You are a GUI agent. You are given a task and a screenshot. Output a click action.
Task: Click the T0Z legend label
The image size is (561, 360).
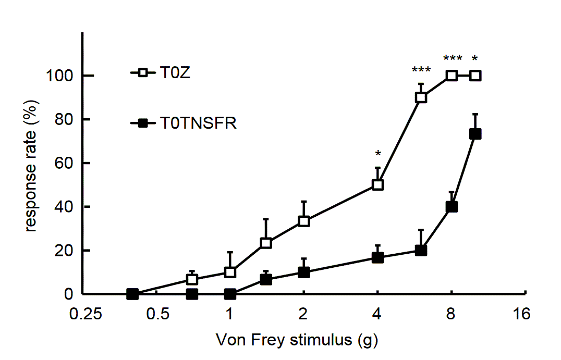tap(175, 74)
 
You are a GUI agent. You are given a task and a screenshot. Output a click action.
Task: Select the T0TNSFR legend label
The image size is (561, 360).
tap(199, 124)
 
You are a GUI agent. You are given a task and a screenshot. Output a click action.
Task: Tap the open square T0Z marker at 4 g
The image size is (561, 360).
tap(378, 184)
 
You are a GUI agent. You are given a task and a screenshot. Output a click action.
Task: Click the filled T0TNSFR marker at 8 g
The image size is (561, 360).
tap(452, 206)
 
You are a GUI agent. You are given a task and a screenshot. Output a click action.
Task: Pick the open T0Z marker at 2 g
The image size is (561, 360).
tap(304, 221)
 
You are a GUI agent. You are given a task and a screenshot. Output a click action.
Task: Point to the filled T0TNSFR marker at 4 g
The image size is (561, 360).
tap(378, 257)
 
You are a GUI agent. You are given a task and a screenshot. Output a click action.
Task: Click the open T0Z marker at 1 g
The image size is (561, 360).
tap(230, 272)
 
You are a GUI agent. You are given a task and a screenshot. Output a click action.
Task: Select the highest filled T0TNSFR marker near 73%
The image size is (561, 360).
tap(475, 134)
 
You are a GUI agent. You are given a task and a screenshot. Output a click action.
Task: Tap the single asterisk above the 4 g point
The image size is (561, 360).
tap(378, 154)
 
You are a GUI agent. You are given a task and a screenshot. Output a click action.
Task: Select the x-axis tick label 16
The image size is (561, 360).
tap(521, 315)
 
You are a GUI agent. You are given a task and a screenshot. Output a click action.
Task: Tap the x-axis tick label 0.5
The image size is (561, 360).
tap(158, 315)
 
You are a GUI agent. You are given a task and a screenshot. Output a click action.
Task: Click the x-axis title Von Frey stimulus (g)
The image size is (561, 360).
tap(297, 341)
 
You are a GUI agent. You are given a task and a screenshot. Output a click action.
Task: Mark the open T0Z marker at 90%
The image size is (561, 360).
tap(421, 97)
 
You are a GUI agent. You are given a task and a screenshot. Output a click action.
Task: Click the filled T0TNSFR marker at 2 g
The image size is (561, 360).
tap(304, 272)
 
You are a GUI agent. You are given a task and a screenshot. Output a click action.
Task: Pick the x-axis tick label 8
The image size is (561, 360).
tap(450, 315)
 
